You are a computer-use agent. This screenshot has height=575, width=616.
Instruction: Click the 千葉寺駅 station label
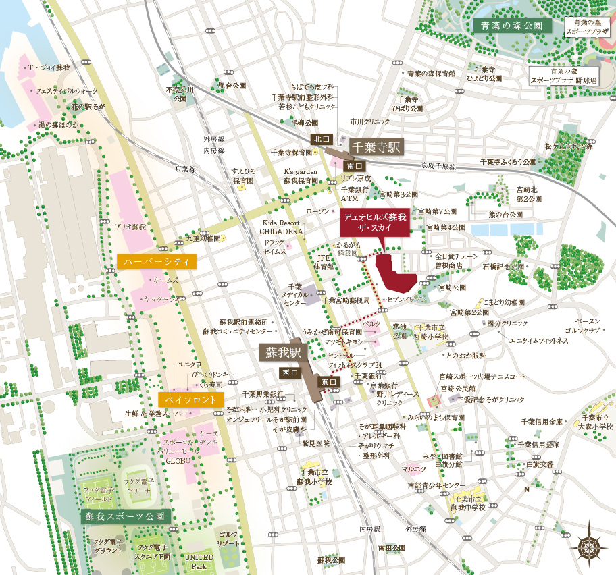pos(376,147)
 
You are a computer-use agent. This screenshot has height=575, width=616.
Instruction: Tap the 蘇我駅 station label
pos(284,352)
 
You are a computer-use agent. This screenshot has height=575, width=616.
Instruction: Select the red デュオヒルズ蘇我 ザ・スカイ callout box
pos(375,223)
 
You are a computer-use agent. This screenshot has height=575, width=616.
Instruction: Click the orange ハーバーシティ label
pos(157,261)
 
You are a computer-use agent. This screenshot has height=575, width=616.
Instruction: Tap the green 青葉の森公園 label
pos(512,26)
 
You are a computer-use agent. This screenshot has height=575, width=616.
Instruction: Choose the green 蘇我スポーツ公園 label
pos(124,516)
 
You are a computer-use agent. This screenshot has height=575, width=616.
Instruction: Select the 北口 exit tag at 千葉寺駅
pos(321,139)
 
